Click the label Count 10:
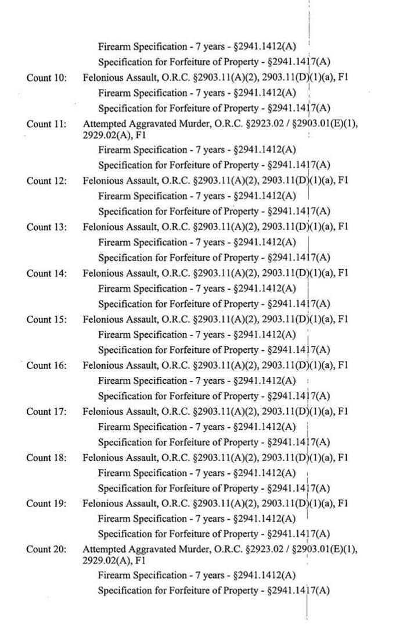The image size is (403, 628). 46,77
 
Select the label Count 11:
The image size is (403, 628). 46,124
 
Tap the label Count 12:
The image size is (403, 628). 46,181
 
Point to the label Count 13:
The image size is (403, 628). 46,227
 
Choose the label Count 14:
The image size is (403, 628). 46,273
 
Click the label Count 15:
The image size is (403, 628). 46,319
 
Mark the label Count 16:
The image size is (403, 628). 46,365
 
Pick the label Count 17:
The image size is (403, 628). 46,412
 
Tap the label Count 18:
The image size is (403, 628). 46,458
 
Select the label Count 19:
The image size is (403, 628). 46,504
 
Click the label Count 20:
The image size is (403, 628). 46,549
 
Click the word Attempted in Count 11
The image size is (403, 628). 102,124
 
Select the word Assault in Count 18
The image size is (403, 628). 138,458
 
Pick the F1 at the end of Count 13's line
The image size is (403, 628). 342,227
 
